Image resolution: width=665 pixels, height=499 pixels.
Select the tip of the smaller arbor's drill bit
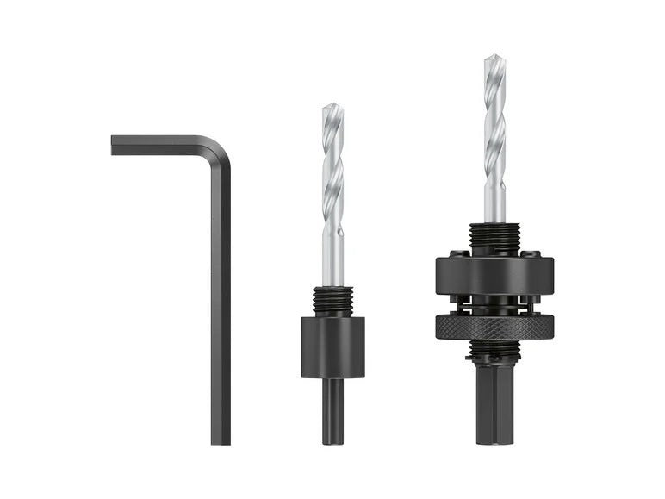click(332, 108)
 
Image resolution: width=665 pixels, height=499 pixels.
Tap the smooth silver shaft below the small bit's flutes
click(332, 259)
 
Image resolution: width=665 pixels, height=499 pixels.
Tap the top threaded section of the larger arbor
click(494, 238)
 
